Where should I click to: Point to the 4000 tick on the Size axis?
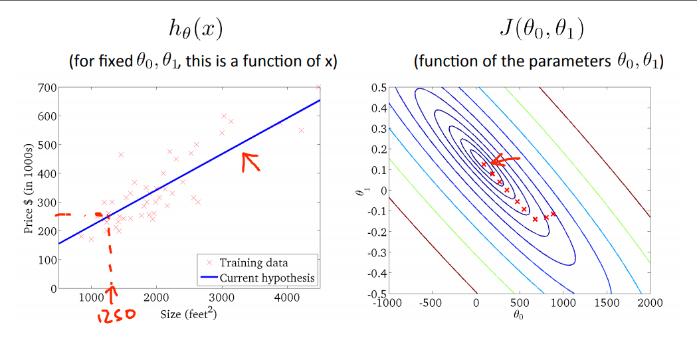286,298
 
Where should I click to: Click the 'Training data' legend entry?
254,263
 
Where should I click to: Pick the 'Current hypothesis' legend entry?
266,278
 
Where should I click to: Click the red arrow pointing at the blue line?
250,161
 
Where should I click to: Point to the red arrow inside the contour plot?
504,160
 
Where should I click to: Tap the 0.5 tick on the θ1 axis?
378,88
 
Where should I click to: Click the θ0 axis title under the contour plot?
519,315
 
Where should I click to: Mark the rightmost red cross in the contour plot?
553,213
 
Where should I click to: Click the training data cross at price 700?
318,87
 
